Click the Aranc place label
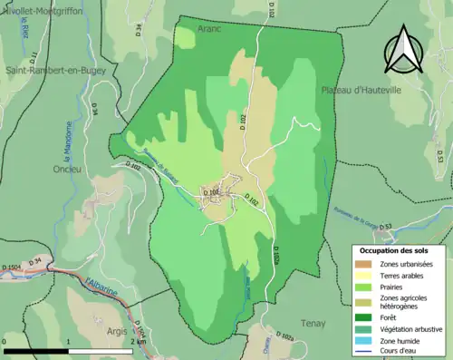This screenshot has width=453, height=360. (210, 29)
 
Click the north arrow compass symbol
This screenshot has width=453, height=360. (401, 50)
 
